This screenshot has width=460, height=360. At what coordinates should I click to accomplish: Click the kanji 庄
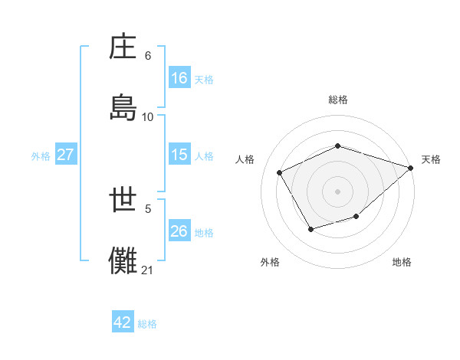[x=124, y=48]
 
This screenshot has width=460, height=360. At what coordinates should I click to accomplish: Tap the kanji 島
[x=124, y=108]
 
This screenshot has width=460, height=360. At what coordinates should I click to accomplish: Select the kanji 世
[x=124, y=201]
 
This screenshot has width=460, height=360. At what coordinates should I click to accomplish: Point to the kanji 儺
[x=124, y=260]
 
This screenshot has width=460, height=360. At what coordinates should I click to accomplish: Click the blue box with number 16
[x=179, y=78]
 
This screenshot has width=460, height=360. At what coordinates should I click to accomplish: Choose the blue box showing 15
[x=179, y=155]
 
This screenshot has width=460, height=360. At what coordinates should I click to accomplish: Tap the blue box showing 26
[x=179, y=231]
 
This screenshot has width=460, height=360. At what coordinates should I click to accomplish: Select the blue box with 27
[x=66, y=155]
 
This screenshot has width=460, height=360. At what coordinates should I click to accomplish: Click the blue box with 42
[x=123, y=322]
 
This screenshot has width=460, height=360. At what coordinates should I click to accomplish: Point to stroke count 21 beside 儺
[x=148, y=270]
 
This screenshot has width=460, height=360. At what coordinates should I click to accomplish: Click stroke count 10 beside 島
[x=148, y=117]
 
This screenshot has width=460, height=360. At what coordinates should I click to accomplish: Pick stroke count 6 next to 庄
[x=148, y=56]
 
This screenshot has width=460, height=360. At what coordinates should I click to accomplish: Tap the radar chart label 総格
[x=338, y=100]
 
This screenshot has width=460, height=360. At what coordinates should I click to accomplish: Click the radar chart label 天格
[x=432, y=159]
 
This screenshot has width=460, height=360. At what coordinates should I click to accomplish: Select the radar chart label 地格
[x=402, y=262]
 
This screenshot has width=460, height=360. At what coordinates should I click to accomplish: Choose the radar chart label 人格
[x=245, y=159]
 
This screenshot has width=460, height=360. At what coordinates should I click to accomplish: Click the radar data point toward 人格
[x=280, y=173]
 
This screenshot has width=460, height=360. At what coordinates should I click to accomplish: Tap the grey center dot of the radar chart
[x=338, y=191]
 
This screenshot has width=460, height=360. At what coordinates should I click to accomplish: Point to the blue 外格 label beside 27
[x=41, y=155]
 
